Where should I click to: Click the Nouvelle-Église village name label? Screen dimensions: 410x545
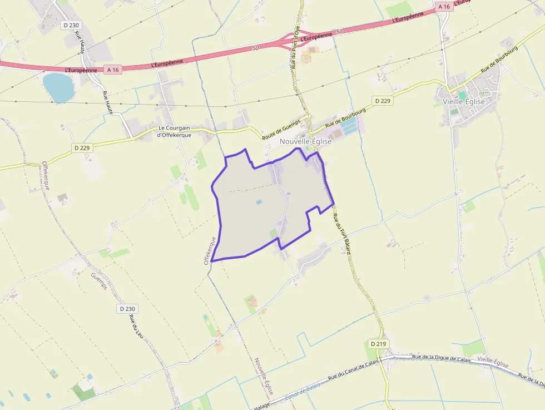tap(305, 141)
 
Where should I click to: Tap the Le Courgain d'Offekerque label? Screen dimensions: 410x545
tap(175, 131)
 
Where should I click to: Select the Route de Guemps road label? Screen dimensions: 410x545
tap(281, 129)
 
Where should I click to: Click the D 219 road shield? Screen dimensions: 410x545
tap(378, 344)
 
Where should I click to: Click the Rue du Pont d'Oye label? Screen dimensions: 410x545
tap(295, 47)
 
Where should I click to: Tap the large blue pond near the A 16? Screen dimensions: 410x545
tap(58, 87)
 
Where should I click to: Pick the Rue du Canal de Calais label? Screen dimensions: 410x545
tap(354, 371)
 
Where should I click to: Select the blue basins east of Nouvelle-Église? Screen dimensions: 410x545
tap(350, 129)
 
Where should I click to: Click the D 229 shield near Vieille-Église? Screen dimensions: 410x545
tap(383, 101)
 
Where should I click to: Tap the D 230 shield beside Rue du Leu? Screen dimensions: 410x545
tap(127, 308)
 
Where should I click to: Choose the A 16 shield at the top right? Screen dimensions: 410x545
tap(443, 6)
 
